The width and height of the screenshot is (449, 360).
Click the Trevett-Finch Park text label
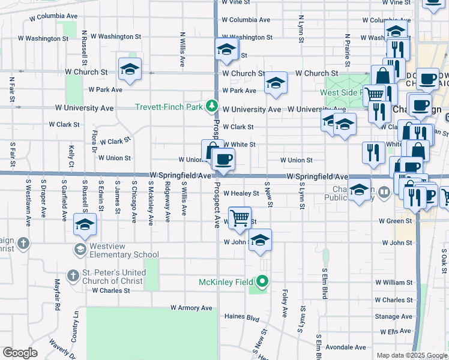(x=169, y=107)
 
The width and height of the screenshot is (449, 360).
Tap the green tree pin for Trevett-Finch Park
(x=211, y=106)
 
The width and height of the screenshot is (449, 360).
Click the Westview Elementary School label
(x=124, y=250)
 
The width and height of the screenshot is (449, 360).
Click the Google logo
(x=20, y=353)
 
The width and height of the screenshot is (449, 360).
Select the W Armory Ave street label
(x=191, y=308)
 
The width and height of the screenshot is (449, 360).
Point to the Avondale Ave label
(x=346, y=347)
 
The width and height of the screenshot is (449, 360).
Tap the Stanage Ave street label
(x=393, y=316)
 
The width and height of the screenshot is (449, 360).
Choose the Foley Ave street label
(x=285, y=305)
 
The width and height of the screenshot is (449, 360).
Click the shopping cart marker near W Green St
(x=240, y=217)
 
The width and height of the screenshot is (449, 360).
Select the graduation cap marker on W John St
(x=259, y=239)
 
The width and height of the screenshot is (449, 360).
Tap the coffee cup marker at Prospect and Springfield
(x=223, y=159)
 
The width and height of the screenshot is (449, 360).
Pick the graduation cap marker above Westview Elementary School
(x=85, y=224)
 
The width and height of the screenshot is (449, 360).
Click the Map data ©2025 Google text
(x=411, y=355)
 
